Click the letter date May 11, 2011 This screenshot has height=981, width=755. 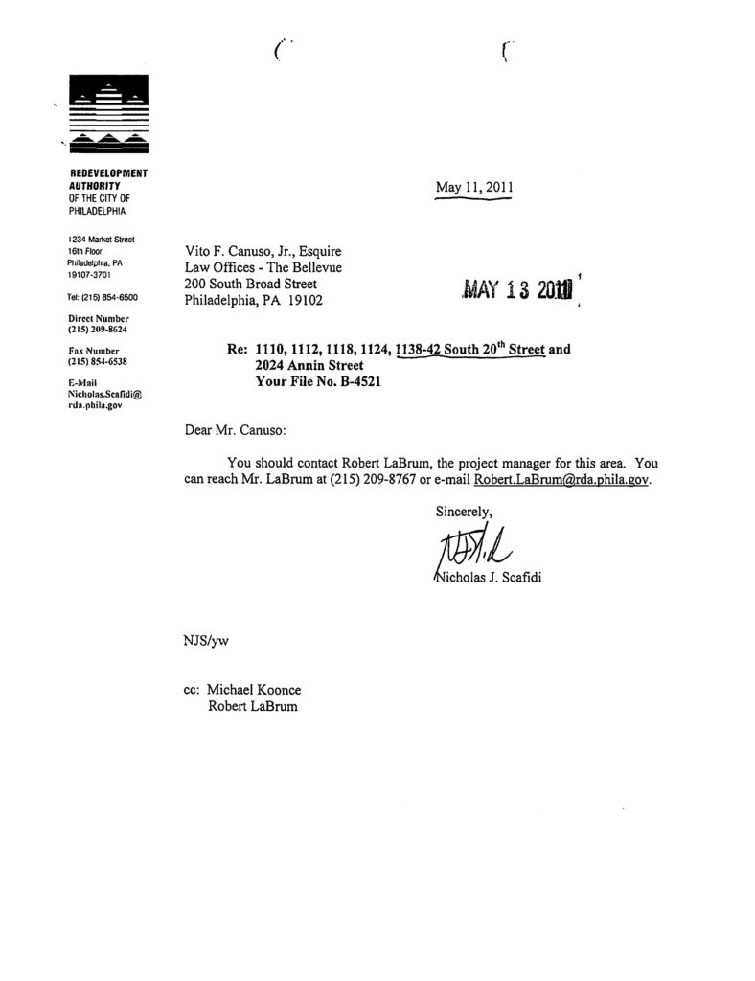coord(475,188)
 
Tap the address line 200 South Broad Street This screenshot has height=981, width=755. coord(250,284)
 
